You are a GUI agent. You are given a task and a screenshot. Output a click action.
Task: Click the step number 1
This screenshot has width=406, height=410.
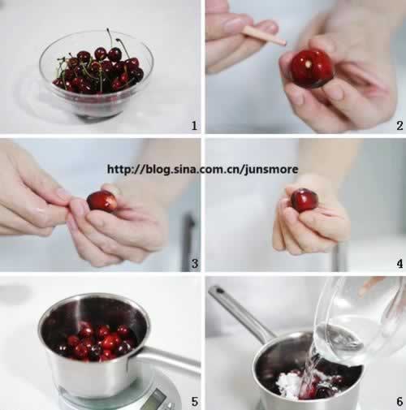point(194,126)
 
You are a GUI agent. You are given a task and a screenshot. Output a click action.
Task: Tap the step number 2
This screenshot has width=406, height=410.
point(400,126)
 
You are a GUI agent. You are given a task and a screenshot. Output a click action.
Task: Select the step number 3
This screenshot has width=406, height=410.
point(195,263)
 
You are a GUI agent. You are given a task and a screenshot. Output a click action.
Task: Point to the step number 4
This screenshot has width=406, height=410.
point(400,263)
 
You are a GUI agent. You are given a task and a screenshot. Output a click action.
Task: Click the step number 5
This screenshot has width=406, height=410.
point(195,401)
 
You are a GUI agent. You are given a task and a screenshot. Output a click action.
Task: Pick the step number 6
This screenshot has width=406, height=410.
point(400,401)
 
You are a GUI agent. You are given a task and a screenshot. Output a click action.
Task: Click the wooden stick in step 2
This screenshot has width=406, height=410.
point(264,36)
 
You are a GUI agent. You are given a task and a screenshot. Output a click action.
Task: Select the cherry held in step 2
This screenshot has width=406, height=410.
point(311,68)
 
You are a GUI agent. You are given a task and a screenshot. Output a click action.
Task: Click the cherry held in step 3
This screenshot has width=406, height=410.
point(101,201)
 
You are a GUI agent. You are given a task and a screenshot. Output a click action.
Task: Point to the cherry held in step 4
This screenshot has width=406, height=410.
point(304,201)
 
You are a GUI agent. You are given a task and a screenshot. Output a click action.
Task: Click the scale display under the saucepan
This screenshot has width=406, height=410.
point(152,399)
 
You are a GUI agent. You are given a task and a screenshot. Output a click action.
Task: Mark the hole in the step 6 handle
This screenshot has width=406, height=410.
point(219,291)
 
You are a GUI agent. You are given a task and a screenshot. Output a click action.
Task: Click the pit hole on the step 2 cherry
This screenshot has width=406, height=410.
point(307,64)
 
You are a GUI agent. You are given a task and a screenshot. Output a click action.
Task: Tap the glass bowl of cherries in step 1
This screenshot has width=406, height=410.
point(97,75)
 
